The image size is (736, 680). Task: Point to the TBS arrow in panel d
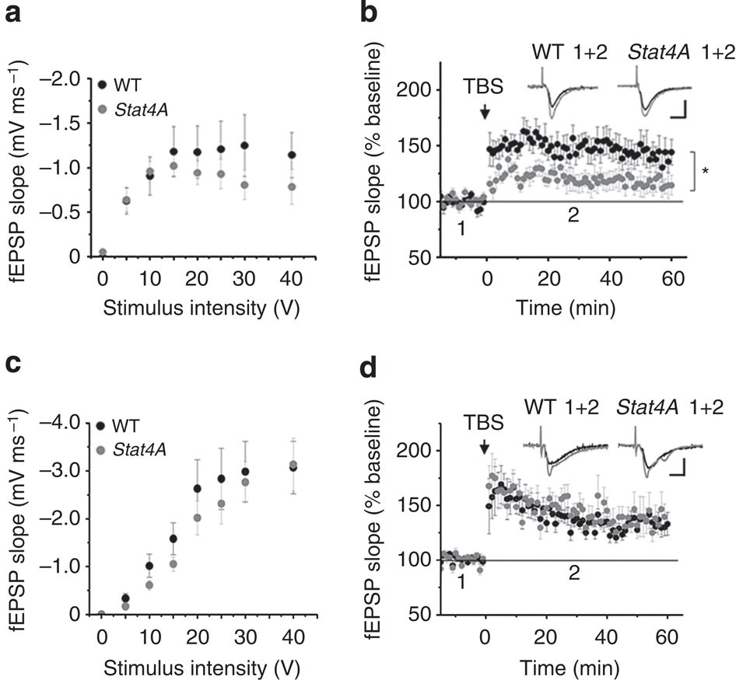(484, 447)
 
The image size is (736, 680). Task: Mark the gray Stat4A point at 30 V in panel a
(245, 185)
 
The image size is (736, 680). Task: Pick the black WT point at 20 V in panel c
(198, 489)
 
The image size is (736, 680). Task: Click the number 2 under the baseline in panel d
(573, 574)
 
